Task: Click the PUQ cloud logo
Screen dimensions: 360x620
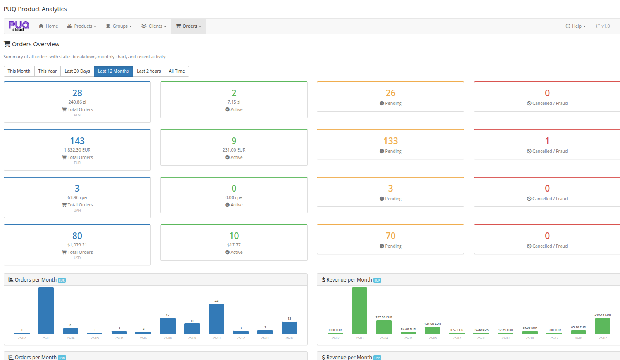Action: click(x=19, y=26)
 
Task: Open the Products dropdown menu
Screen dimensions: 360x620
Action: click(x=82, y=26)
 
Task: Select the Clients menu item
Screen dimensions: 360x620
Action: click(x=154, y=26)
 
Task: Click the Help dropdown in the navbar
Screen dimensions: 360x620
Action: click(x=575, y=26)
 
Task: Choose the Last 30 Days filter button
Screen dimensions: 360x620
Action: click(x=77, y=71)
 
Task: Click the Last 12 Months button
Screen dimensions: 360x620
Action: click(x=113, y=71)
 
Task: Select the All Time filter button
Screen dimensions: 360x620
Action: click(x=177, y=71)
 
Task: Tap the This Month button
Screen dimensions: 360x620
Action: click(x=19, y=71)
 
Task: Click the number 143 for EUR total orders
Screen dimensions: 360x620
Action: click(x=77, y=141)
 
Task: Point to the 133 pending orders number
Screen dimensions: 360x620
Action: click(x=390, y=141)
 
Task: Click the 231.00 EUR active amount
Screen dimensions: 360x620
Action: click(x=234, y=150)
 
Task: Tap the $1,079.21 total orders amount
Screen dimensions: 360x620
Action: click(x=77, y=245)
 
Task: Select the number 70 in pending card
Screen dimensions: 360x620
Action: click(x=390, y=236)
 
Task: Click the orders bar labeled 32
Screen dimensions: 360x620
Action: click(x=216, y=319)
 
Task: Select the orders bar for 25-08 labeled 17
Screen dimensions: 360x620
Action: click(x=168, y=326)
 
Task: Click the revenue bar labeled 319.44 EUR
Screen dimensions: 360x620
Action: click(x=603, y=326)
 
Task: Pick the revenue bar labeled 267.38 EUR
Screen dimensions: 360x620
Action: click(x=384, y=327)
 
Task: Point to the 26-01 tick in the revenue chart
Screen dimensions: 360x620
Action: click(x=578, y=338)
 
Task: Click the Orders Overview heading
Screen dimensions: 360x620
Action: click(x=36, y=44)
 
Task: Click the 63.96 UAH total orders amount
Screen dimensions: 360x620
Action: click(x=77, y=197)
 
